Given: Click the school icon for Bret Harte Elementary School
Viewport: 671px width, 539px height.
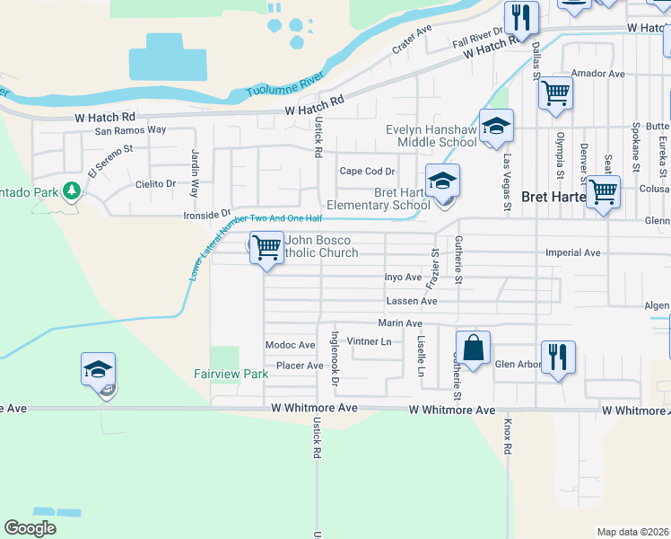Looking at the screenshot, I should pyautogui.click(x=441, y=181).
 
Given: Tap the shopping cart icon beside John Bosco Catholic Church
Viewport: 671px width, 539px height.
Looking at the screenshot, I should pyautogui.click(x=266, y=246).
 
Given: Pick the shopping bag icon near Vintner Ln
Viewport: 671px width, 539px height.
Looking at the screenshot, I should pyautogui.click(x=473, y=348).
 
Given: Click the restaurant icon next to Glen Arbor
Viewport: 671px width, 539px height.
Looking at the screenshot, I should pyautogui.click(x=557, y=357).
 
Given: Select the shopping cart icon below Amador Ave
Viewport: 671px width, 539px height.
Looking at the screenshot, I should pyautogui.click(x=556, y=93).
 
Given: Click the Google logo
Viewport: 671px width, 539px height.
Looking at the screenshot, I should pyautogui.click(x=30, y=527).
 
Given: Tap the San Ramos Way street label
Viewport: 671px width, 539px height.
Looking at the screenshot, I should pyautogui.click(x=131, y=129).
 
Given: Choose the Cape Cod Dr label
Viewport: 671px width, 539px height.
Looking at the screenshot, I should pyautogui.click(x=367, y=172).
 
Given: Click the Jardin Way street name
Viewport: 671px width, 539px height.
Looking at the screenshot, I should pyautogui.click(x=194, y=173).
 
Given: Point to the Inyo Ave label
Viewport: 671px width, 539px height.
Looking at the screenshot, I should pyautogui.click(x=403, y=278).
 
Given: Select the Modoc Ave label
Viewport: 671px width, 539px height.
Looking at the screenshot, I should pyautogui.click(x=290, y=345).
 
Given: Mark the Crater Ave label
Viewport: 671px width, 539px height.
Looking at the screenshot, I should pyautogui.click(x=412, y=40).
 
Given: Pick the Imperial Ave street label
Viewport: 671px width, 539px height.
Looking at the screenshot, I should pyautogui.click(x=572, y=253).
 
